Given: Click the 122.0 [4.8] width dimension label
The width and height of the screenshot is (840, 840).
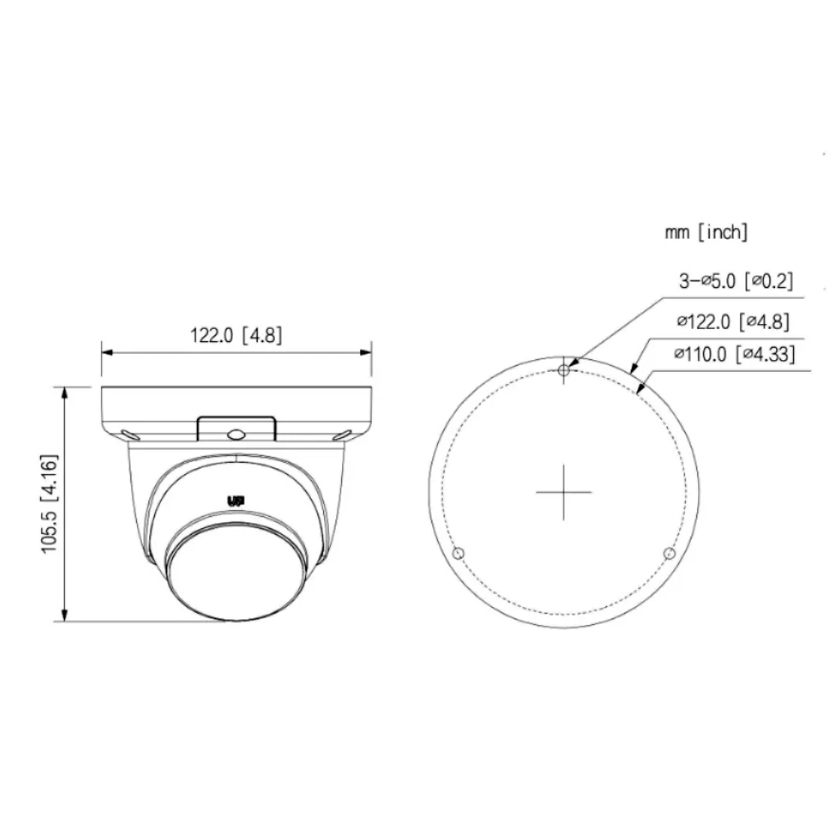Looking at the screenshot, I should coord(236,335).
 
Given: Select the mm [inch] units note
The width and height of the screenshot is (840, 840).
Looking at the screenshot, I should coord(705,232).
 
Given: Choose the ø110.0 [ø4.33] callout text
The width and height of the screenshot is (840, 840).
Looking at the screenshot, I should coord(734,354).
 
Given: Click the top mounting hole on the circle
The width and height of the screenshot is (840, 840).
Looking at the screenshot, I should coord(564,372).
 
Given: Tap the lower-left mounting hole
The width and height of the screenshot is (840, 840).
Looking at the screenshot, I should coord(459,554).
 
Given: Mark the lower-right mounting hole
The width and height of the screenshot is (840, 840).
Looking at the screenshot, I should coord(669,554).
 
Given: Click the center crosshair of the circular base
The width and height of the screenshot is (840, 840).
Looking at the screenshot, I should coord(564,492).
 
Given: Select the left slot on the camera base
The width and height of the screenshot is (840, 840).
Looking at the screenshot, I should coord(128,436).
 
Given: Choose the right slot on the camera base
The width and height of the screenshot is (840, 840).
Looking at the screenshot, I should coord(345,435).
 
